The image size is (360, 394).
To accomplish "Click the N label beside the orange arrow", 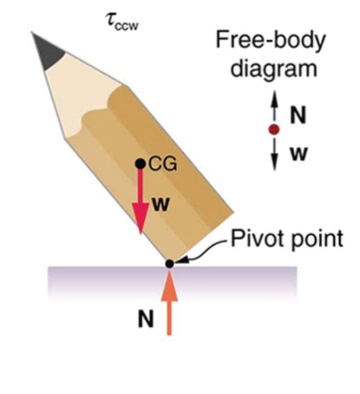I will [x=145, y=320].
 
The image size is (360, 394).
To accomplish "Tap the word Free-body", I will [x=264, y=40].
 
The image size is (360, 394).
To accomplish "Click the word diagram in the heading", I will [x=264, y=69].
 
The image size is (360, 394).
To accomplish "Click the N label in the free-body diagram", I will [x=296, y=115].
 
